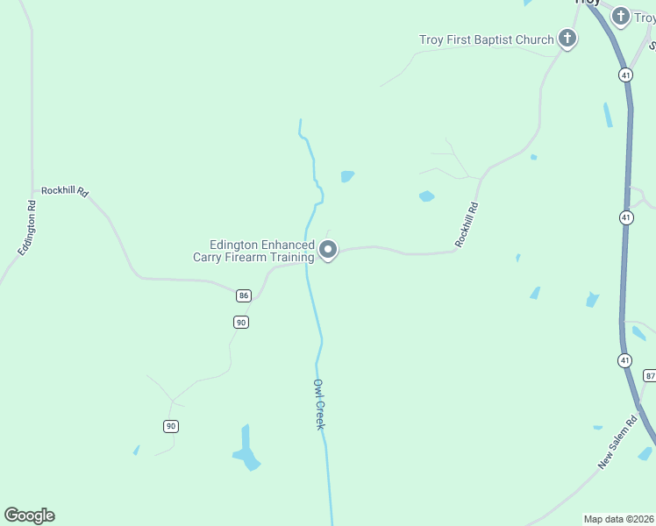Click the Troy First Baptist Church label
point(487,39)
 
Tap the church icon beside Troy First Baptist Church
point(567,39)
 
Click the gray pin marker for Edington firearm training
point(329,250)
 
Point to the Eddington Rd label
point(25,229)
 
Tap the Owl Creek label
point(319,404)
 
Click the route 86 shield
point(244,295)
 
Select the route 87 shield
point(649,375)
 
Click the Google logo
point(30,515)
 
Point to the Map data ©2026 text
point(619,519)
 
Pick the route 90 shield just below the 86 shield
point(241,322)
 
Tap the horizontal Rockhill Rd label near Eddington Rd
point(65,190)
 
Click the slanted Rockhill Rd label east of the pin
point(467,224)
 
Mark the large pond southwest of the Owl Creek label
point(246,450)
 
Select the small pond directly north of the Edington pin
point(347,176)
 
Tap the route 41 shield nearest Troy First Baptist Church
point(625,75)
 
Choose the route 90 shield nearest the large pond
point(170,426)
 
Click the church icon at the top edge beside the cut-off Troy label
point(621,16)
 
